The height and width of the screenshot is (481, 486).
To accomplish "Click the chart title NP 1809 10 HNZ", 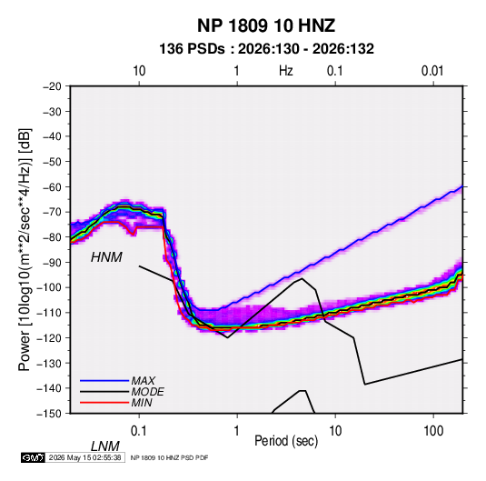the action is (266, 25).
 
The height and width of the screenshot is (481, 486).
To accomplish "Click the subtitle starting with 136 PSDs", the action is (266, 49).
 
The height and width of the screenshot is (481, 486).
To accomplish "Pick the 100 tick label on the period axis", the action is (433, 431).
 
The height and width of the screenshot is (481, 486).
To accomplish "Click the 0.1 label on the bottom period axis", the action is (139, 431).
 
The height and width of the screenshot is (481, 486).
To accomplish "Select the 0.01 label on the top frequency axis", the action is (432, 71).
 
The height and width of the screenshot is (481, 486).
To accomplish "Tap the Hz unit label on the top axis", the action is (286, 71).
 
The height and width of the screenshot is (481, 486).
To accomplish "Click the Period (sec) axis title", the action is (286, 441).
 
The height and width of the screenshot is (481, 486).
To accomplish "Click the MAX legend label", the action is (144, 380).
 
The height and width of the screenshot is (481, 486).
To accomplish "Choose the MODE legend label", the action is (147, 392).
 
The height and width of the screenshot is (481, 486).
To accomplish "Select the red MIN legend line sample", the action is (104, 403).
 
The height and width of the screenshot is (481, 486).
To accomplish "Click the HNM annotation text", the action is (106, 257).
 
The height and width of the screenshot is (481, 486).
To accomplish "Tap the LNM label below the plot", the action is (104, 446).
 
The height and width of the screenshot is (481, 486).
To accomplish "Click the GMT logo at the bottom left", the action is (34, 457).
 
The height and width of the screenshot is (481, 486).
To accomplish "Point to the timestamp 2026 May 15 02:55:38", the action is (84, 457).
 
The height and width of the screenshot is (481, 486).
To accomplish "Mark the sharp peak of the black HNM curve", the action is (302, 278).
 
